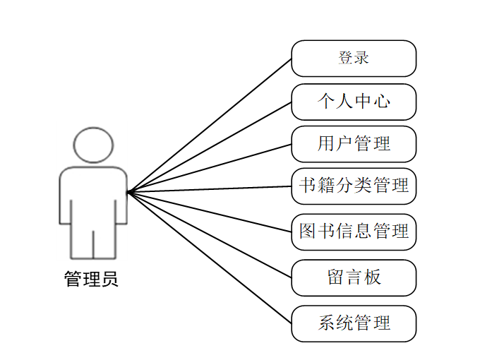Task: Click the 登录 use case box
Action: (x=354, y=58)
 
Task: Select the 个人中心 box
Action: (x=354, y=102)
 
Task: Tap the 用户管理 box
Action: (x=354, y=144)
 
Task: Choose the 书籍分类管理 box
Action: (x=354, y=186)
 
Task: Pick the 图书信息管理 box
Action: (x=354, y=231)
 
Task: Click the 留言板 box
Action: (x=354, y=277)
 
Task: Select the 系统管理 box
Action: (x=354, y=323)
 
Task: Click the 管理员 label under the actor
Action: (x=92, y=280)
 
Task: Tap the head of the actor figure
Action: (x=93, y=145)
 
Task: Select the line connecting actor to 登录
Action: (x=210, y=124)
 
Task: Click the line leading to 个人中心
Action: (x=210, y=146)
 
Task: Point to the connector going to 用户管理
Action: (x=210, y=167)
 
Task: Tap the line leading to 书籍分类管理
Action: (x=210, y=189)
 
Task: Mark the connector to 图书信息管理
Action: (x=210, y=211)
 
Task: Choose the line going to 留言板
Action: (x=210, y=234)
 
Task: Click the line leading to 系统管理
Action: (x=210, y=257)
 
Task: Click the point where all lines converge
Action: (x=128, y=191)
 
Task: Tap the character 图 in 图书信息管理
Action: (x=307, y=231)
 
